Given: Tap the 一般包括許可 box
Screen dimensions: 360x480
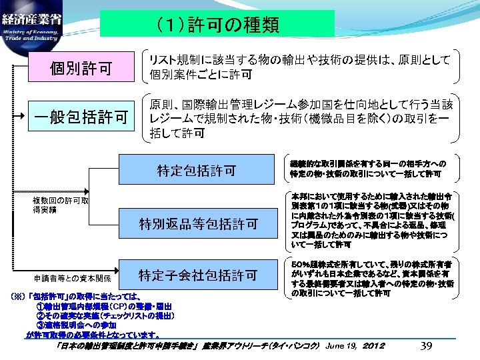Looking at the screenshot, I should (x=82, y=117).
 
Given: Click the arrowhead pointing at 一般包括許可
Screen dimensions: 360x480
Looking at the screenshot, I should (x=25, y=117).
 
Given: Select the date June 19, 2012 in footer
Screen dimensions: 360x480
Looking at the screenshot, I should (x=353, y=346).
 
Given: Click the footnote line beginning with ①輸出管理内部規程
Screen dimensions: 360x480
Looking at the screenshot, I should (x=110, y=305).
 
